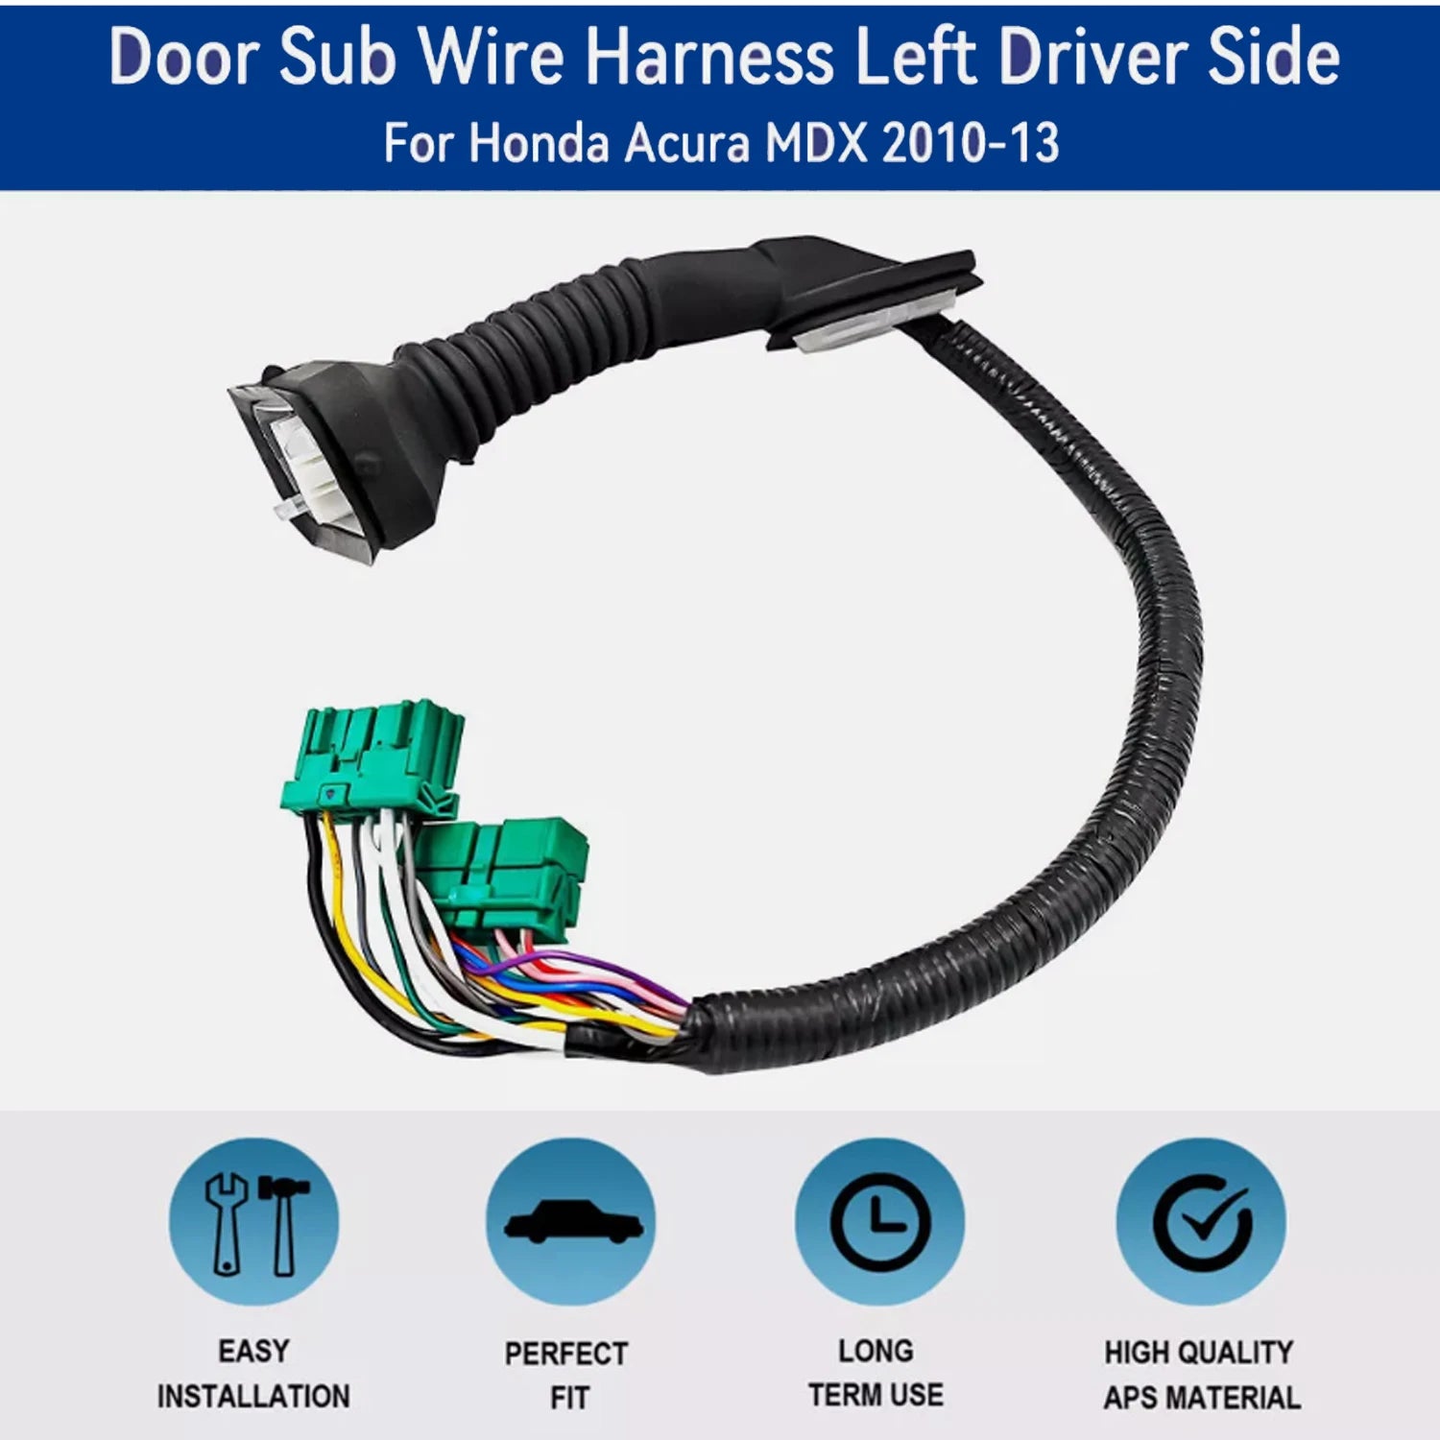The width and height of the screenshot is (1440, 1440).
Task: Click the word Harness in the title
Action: click(x=710, y=58)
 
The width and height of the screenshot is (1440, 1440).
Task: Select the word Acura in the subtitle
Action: click(x=686, y=144)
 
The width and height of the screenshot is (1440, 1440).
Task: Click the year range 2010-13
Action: click(x=971, y=144)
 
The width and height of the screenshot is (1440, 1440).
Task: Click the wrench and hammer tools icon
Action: click(x=254, y=1221)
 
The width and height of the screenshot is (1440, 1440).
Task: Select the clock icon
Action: click(x=879, y=1221)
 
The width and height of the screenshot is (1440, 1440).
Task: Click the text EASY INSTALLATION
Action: click(x=253, y=1374)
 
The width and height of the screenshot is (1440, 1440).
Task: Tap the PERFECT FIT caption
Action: click(x=566, y=1376)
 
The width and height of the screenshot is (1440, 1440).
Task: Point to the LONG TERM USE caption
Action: click(x=876, y=1373)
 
